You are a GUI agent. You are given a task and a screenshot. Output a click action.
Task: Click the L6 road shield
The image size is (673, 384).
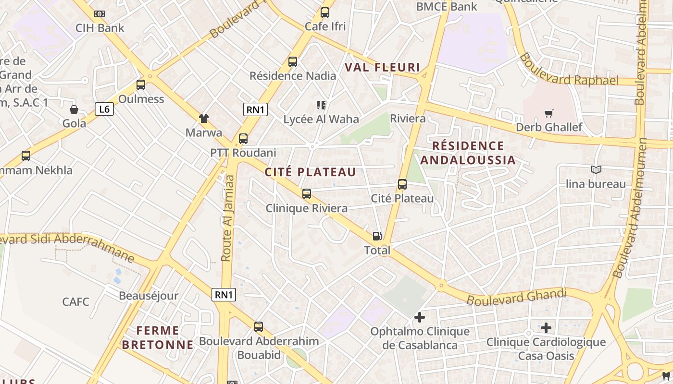104,109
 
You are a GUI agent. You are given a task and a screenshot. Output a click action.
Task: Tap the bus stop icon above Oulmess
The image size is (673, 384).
141,85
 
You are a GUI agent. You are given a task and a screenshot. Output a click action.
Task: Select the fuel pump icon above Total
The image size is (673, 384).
377,236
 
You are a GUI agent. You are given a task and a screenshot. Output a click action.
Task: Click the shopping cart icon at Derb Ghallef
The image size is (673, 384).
548,114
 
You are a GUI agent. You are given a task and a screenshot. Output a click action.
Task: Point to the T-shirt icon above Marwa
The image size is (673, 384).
204,119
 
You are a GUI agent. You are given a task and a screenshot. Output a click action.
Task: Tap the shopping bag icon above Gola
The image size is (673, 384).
74,109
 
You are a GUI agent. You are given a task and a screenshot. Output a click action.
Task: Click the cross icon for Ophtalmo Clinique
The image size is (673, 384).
420,317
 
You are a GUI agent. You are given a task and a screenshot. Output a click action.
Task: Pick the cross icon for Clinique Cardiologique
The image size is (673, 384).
546,328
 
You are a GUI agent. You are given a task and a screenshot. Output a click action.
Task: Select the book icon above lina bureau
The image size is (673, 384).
596,170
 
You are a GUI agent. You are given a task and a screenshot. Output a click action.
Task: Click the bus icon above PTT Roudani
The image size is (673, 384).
243,139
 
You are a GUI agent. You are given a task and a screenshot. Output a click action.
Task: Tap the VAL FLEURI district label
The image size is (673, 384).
382,68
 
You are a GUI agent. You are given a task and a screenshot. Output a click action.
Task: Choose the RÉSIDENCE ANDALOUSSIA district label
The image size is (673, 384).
468,153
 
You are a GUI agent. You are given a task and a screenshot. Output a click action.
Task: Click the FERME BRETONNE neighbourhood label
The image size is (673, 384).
157,337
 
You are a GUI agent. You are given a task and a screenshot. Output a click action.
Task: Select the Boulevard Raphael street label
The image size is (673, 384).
568,70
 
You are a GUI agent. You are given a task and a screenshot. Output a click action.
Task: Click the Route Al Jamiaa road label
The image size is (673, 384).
228,218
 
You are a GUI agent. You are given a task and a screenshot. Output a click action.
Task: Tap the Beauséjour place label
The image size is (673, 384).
148,296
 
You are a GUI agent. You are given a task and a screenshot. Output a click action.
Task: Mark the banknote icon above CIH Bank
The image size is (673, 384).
100,14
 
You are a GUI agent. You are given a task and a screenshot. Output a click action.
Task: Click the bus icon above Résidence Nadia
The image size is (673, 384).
293,62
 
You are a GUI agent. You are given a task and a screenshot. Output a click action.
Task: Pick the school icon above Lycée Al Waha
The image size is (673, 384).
321,105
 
